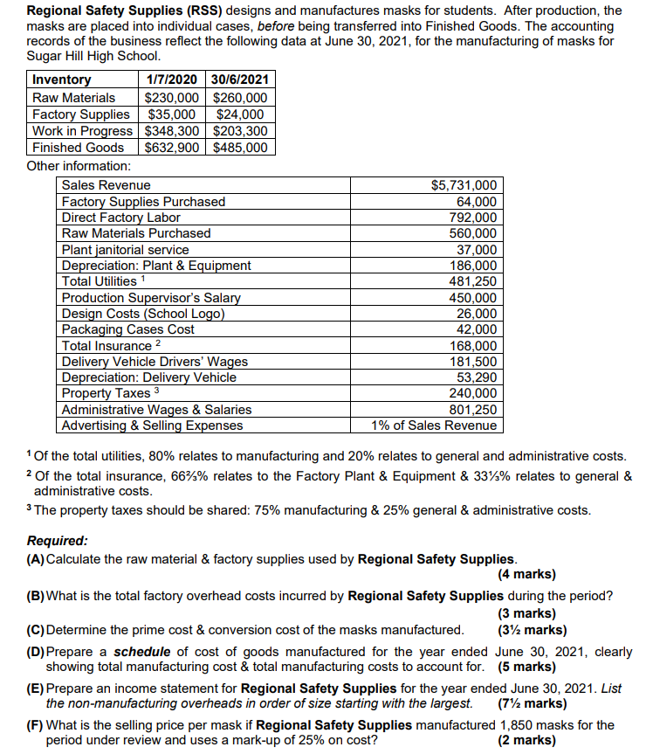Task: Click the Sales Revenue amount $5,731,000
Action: point(464,185)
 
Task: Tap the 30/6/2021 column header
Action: point(240,80)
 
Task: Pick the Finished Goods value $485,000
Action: point(240,148)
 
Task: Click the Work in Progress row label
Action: point(83,131)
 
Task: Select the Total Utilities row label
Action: point(100,281)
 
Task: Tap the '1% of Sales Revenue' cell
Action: point(434,425)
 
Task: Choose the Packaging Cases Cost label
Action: point(128,329)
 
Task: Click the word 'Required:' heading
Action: point(57,542)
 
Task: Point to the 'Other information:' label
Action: point(79,165)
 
